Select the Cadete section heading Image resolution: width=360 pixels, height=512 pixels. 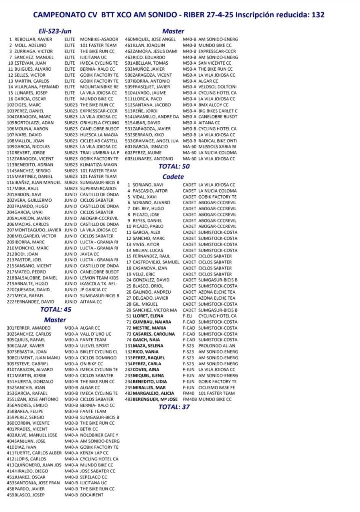click(x=173, y=177)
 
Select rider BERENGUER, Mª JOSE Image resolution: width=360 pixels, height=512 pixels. click(x=158, y=400)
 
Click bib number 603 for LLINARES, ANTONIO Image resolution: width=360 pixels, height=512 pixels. click(x=129, y=159)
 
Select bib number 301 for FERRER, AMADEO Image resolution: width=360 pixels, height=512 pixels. click(x=10, y=328)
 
